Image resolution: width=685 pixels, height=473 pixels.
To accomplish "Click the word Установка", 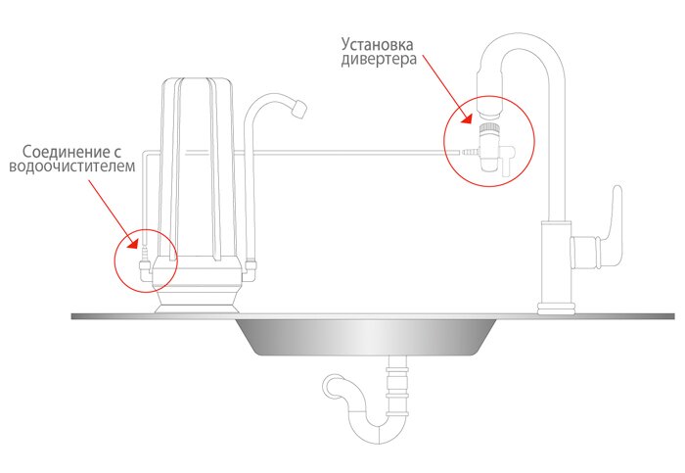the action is pyautogui.click(x=377, y=44).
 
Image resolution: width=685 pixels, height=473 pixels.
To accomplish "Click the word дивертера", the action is pyautogui.click(x=379, y=59).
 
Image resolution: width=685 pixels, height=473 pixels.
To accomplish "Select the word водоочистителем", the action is pyautogui.click(x=72, y=166).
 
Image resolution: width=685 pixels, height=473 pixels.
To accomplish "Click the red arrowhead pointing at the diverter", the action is pyautogui.click(x=468, y=118).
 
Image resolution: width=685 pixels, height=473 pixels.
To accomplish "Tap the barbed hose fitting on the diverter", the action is pyautogui.click(x=471, y=152).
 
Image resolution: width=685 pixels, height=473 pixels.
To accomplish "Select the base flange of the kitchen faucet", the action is pyautogui.click(x=556, y=308).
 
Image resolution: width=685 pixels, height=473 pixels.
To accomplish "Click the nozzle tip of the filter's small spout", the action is pyautogui.click(x=298, y=108).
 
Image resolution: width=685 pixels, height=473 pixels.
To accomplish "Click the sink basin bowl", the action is pyautogui.click(x=366, y=337).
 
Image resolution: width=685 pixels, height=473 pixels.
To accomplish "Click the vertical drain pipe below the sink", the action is pyautogui.click(x=397, y=385).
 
